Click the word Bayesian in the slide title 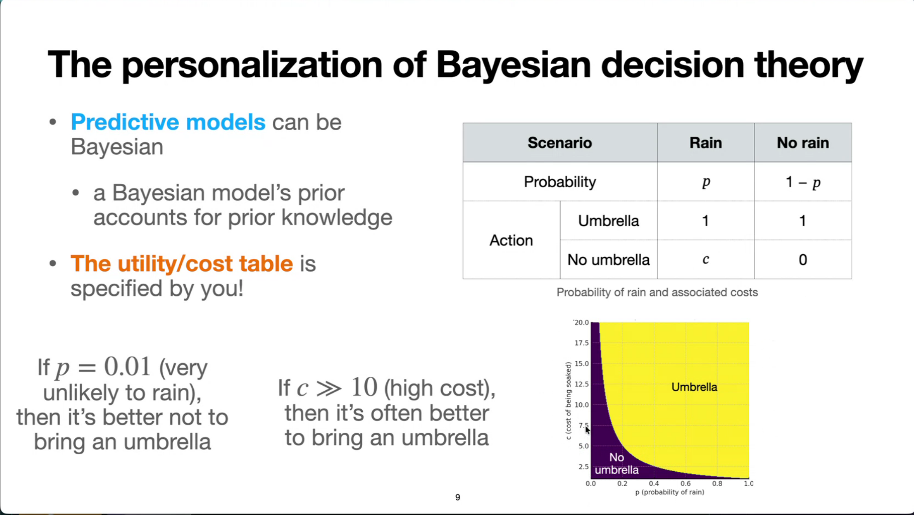pos(514,65)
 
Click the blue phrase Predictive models pos(168,122)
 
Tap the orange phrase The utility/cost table pos(182,263)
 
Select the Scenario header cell pos(560,143)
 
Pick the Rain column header pos(706,143)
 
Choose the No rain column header pos(803,143)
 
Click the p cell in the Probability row pos(706,182)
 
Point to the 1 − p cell pos(803,182)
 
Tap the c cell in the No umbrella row pos(706,260)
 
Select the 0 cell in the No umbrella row pos(803,260)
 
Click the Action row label pos(511,240)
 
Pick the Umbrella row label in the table pos(608,220)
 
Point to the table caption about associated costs pos(657,292)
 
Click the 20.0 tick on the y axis pos(581,322)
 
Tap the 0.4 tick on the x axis pos(654,483)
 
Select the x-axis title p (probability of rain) pos(669,492)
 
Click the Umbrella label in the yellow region pos(694,387)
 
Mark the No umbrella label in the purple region pos(617,463)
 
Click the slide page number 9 pos(457,497)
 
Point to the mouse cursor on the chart pos(587,430)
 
